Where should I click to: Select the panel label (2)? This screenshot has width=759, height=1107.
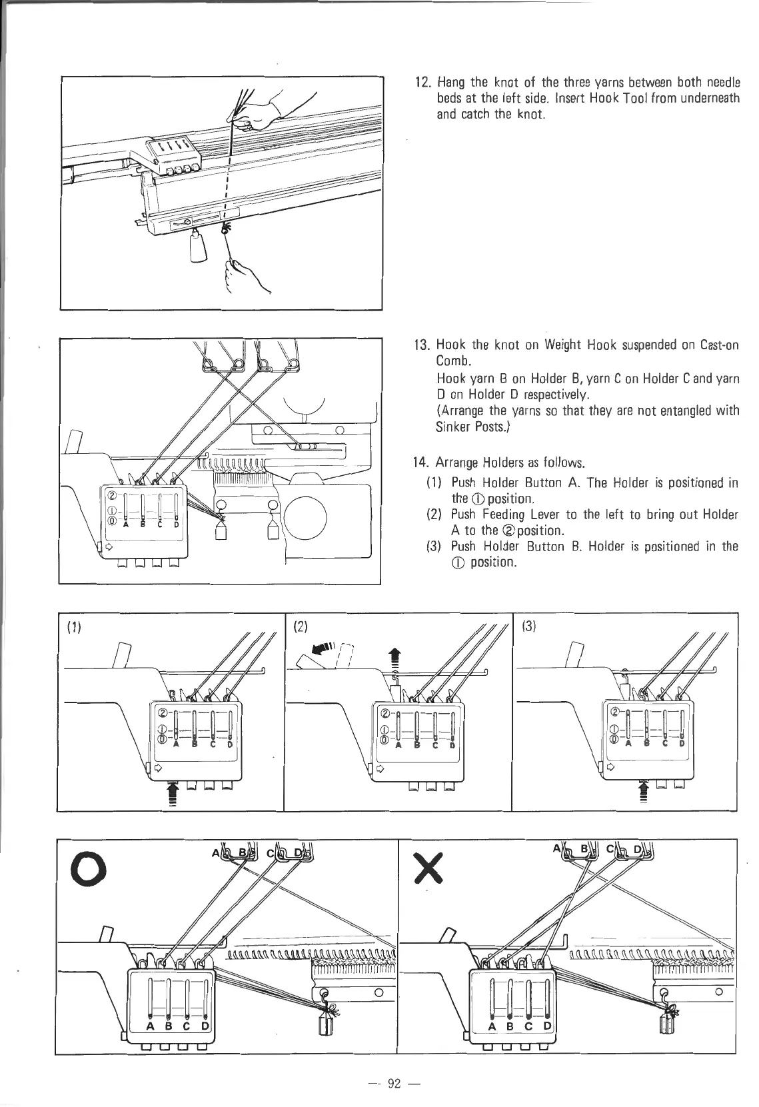point(302,626)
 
